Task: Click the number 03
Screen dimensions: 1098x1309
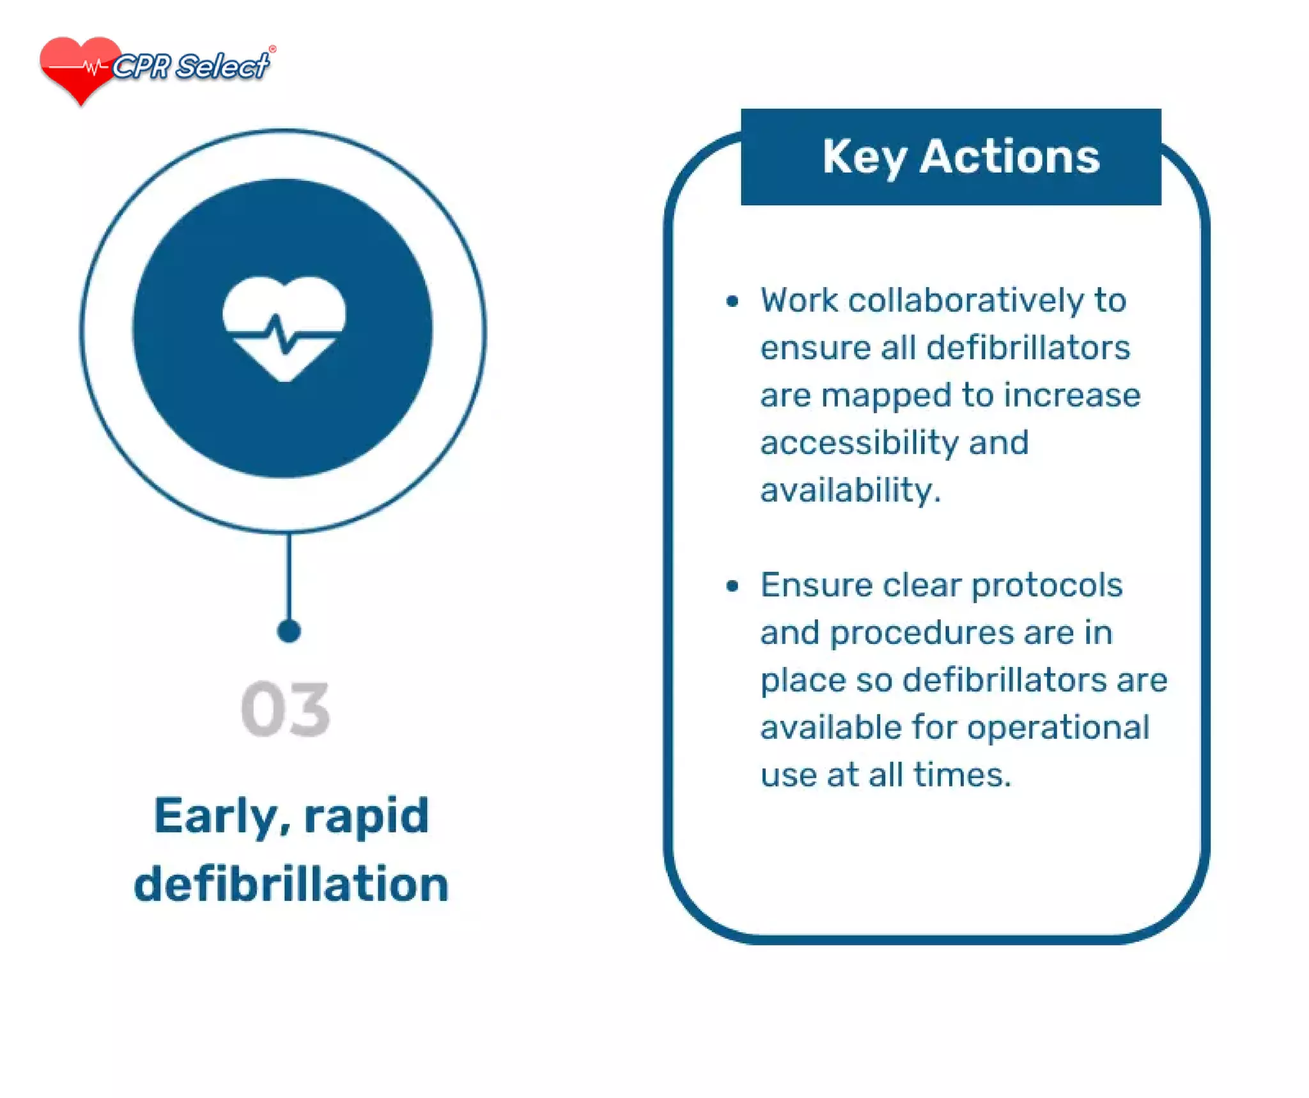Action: pos(285,709)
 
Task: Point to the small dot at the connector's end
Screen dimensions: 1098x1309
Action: pos(289,631)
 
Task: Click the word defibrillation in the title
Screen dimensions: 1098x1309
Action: pos(291,884)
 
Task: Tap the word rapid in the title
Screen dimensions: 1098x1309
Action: pos(366,817)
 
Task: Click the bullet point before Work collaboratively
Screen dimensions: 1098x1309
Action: pos(732,301)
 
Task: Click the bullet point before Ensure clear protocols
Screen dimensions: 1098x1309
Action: pos(732,586)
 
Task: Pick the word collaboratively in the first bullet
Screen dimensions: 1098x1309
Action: pos(966,301)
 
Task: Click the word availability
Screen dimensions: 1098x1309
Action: pos(849,490)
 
